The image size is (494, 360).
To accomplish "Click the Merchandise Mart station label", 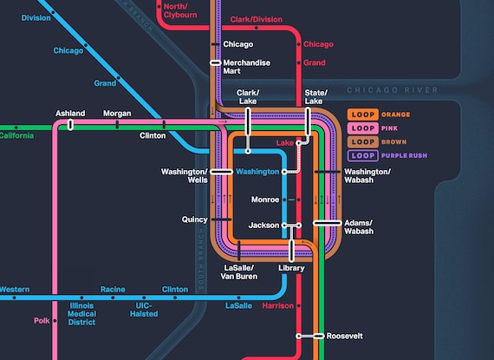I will coord(247,68).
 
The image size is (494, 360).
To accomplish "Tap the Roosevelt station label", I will coord(344,336).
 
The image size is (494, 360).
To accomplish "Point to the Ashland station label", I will coord(70,114).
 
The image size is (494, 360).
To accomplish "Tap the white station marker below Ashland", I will coord(70,125).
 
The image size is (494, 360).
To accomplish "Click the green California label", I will coord(16,135).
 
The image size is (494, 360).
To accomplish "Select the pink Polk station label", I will coord(42,320).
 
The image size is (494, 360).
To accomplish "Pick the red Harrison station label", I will coord(277,306).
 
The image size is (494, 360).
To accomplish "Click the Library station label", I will coord(292,268).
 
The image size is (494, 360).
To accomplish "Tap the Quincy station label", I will coord(194,219).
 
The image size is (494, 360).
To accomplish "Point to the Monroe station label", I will coord(264,200).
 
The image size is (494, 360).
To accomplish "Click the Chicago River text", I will coord(393,90).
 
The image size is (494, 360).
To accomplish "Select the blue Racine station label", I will coord(113,289).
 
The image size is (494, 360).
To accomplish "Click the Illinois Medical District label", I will coord(82,314).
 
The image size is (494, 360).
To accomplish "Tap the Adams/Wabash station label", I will coord(359,227).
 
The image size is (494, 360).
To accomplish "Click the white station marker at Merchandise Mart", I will coord(216,62).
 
